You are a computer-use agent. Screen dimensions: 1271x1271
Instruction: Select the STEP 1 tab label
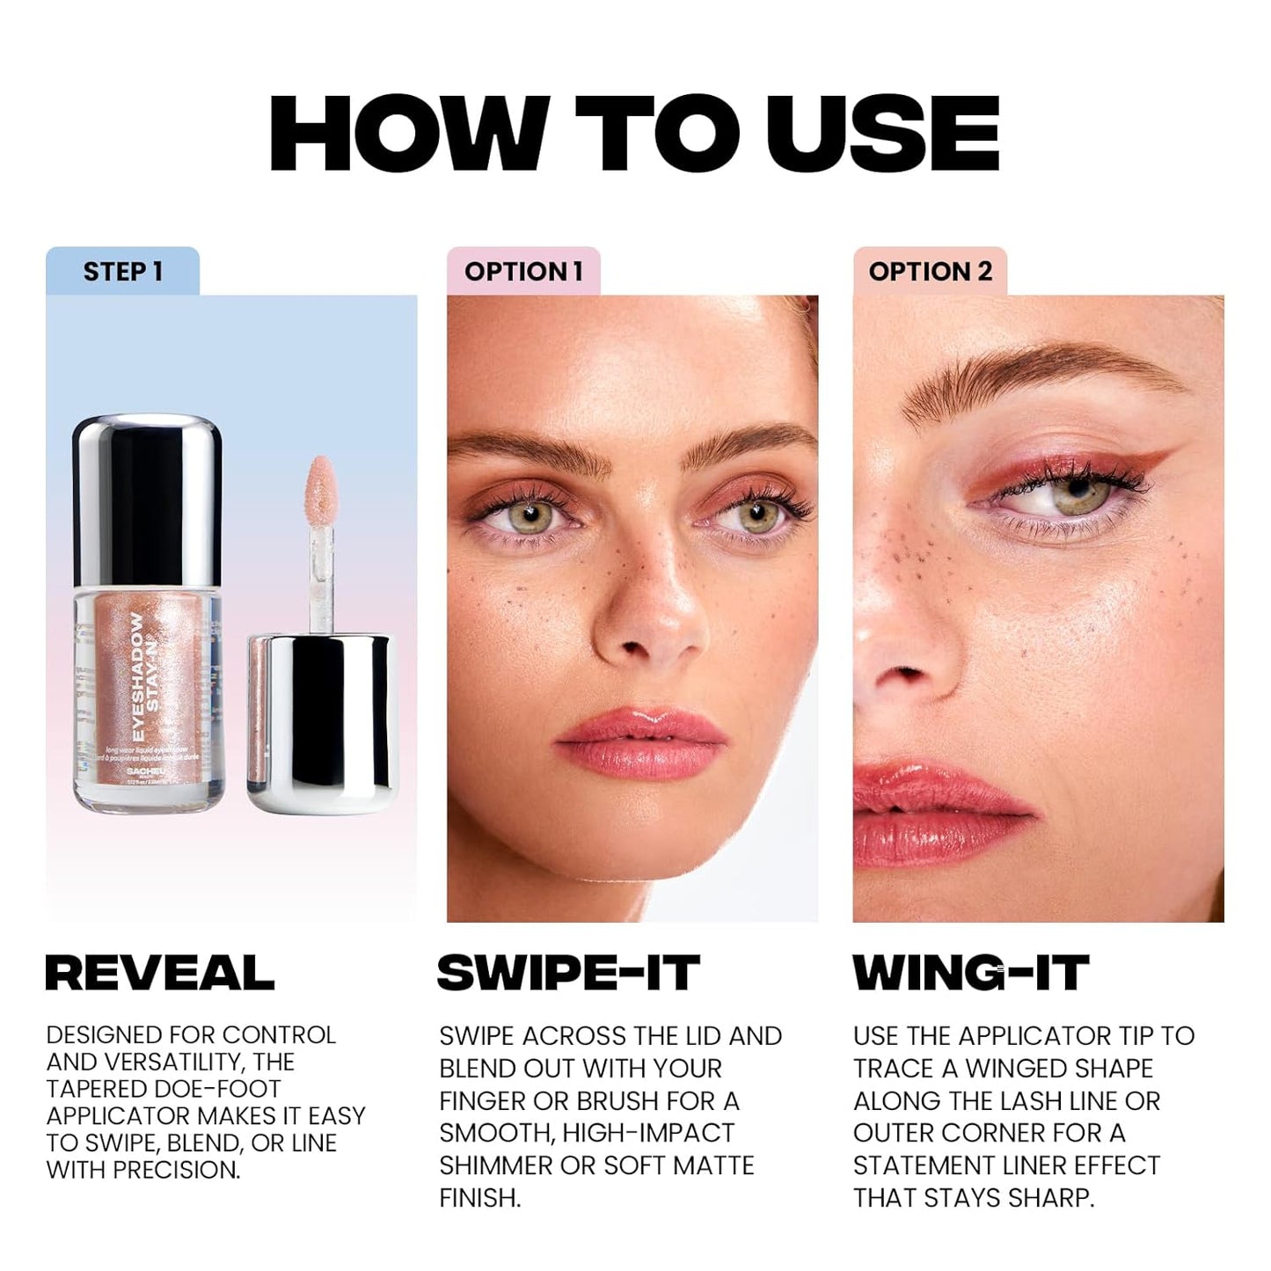[x=123, y=272]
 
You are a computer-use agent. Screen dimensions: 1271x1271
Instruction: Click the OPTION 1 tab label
[x=523, y=272]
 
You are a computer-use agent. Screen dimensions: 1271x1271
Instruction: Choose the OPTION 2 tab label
[x=930, y=272]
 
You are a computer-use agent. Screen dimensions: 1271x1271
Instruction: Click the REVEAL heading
[x=159, y=973]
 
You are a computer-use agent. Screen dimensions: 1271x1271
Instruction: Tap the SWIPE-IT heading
[x=568, y=973]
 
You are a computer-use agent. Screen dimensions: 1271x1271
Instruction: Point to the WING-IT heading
[x=971, y=973]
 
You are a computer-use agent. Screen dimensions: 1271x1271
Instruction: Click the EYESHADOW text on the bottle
[x=137, y=676]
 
